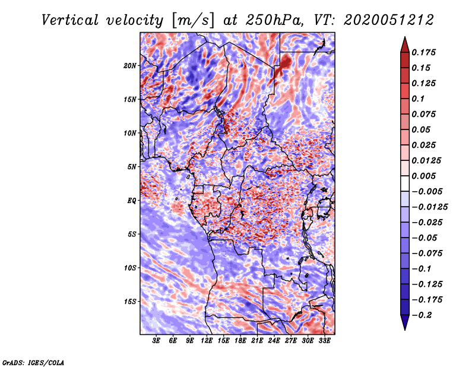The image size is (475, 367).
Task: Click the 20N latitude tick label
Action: tap(130, 66)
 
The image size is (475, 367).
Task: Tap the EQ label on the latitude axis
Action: tap(132, 201)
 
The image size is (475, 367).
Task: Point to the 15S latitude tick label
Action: tap(130, 302)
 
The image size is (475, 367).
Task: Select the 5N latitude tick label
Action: tap(132, 167)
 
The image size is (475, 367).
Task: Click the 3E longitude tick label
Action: tap(156, 341)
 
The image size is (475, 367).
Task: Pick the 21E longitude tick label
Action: tap(257, 341)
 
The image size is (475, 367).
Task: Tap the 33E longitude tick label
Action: tap(324, 341)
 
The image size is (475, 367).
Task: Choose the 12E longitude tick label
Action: tap(207, 341)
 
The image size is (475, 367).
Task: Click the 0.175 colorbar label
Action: tap(423, 52)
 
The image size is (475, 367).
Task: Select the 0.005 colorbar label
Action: tap(423, 176)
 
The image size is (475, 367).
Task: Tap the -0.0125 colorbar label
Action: tap(429, 207)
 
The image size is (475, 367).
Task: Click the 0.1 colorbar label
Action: tap(418, 99)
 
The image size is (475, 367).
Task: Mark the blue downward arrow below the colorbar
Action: tap(405, 322)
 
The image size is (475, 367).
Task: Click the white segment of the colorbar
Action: tap(405, 183)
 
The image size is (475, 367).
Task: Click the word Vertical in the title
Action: tap(70, 20)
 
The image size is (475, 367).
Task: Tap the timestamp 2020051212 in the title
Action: tap(389, 20)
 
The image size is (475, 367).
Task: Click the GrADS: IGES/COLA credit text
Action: tap(33, 362)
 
